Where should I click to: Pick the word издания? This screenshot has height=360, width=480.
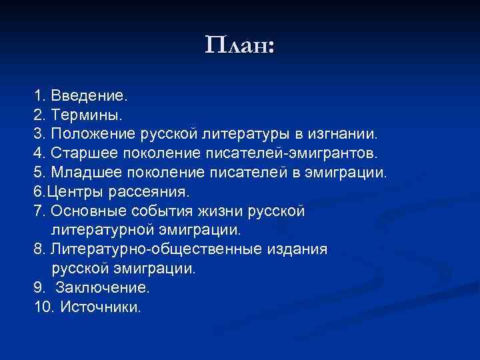coord(297,249)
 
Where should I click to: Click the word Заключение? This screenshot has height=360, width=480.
coord(103,288)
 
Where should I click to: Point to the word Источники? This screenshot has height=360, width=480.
coord(101,307)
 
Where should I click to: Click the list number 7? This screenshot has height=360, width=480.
coord(37,211)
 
